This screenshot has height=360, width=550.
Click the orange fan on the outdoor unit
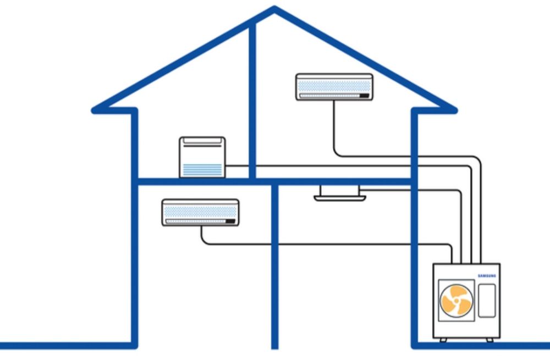click(x=457, y=300)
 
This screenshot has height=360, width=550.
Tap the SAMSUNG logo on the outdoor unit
click(x=487, y=275)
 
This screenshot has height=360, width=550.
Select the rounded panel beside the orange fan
click(x=487, y=300)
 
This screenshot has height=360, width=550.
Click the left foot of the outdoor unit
click(x=443, y=340)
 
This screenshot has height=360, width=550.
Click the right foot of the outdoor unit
click(x=490, y=340)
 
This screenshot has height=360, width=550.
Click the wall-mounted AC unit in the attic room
click(x=334, y=87)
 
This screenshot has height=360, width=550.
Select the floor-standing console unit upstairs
click(x=202, y=157)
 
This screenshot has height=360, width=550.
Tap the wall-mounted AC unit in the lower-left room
click(x=200, y=213)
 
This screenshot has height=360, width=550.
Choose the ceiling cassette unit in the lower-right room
click(x=339, y=193)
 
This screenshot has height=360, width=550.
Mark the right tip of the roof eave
click(x=454, y=110)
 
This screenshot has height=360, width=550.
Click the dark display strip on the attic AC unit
click(x=364, y=96)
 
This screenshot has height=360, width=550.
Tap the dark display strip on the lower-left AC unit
click(x=230, y=221)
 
